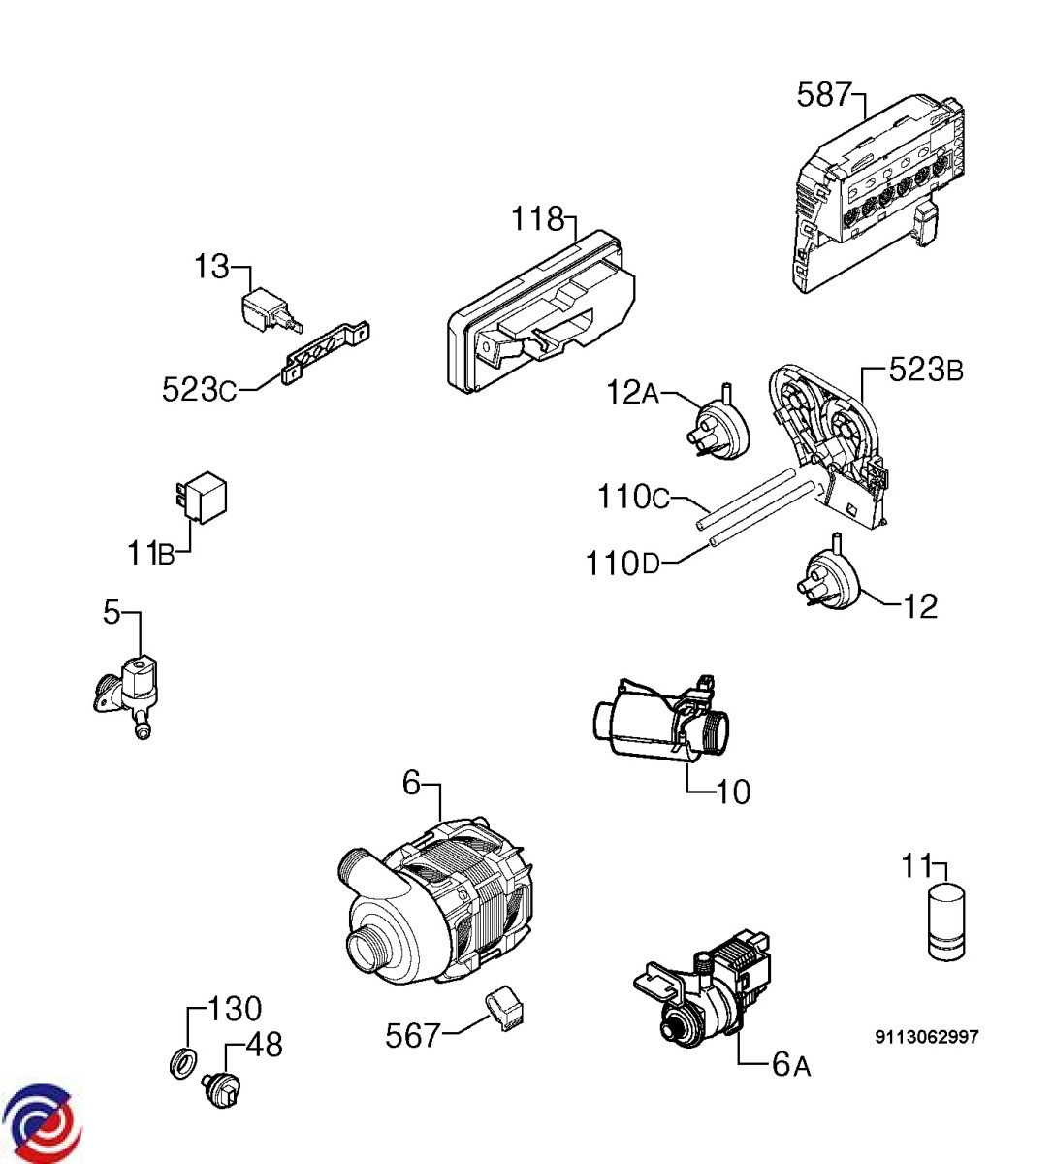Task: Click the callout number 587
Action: tap(823, 95)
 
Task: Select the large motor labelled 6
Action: tap(436, 907)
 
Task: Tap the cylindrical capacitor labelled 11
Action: tap(946, 921)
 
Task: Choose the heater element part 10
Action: tap(659, 723)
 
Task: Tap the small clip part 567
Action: tap(505, 1011)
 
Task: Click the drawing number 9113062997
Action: tap(926, 1038)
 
